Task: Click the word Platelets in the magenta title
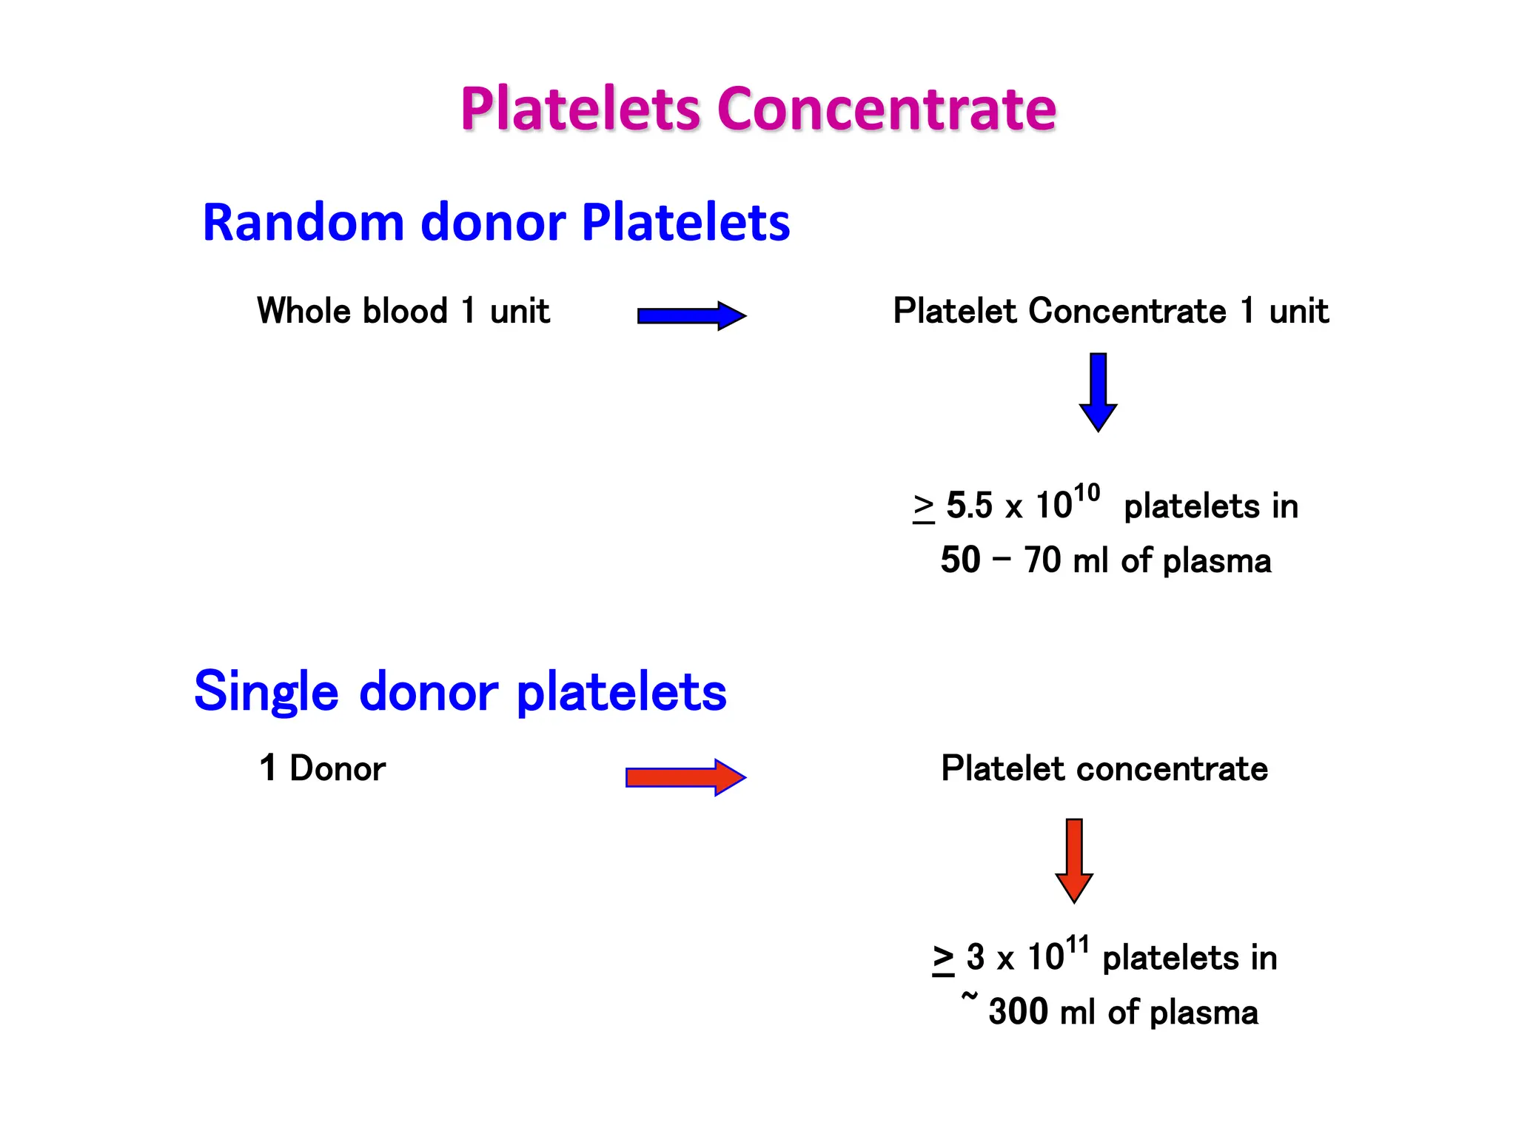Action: (x=580, y=110)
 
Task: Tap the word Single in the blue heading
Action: (x=266, y=692)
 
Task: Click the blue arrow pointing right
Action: (x=691, y=316)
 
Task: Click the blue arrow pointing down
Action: (x=1098, y=392)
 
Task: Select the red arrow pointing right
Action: (x=685, y=777)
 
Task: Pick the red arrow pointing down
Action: (x=1074, y=859)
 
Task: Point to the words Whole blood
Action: (x=352, y=311)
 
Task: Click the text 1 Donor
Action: (x=322, y=768)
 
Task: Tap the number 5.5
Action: (x=969, y=506)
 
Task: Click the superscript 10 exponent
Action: (x=1086, y=493)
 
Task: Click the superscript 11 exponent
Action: (x=1077, y=945)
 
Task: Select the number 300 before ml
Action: (x=1017, y=1012)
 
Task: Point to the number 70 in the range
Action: (x=1042, y=560)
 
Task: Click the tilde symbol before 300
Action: (x=969, y=997)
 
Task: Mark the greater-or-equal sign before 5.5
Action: (x=923, y=508)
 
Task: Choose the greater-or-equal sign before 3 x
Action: (x=943, y=959)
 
